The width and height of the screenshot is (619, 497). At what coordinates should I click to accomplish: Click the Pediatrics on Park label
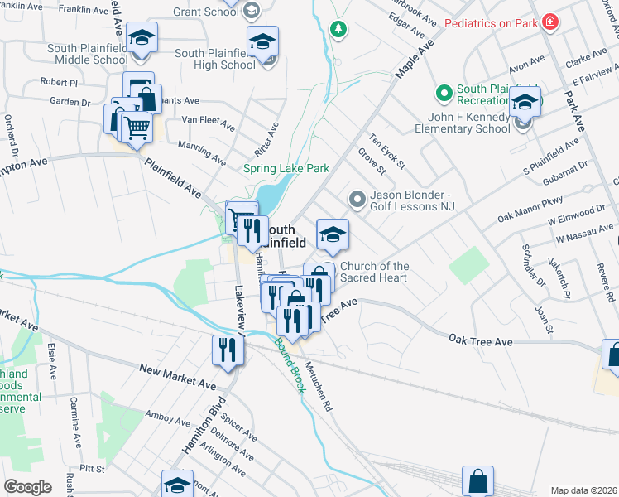click(491, 23)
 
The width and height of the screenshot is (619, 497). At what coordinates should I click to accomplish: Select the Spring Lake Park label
click(286, 168)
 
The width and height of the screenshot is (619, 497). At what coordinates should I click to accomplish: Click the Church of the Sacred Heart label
click(374, 272)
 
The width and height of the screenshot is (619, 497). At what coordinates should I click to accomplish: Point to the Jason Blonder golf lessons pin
click(357, 199)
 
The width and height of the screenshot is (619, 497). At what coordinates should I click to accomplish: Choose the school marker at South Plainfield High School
click(262, 43)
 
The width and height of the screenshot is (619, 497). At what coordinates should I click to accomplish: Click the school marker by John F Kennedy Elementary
click(524, 104)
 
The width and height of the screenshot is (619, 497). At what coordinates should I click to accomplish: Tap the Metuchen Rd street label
click(317, 388)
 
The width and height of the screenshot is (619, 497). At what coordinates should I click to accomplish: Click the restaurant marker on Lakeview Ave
click(223, 350)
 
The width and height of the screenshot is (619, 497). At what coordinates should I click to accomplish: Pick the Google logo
click(27, 486)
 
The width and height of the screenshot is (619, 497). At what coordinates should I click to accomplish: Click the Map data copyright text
click(584, 490)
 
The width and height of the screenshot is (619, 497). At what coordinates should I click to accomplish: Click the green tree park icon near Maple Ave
click(338, 31)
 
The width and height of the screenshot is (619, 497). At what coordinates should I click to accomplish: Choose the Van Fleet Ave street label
click(208, 121)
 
